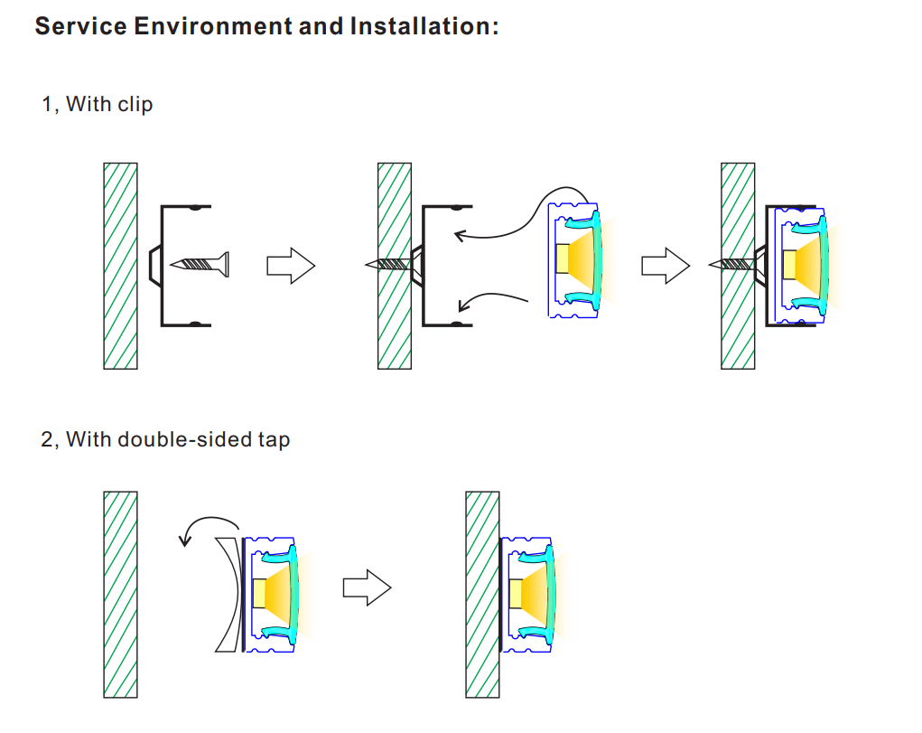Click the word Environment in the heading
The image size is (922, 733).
point(212,25)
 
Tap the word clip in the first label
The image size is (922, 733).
point(135,105)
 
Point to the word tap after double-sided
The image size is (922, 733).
point(273,441)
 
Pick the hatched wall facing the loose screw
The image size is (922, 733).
point(120,266)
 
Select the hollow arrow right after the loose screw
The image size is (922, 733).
point(290,266)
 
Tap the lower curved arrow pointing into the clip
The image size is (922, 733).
point(492,299)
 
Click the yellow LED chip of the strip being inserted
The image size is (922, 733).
point(561,259)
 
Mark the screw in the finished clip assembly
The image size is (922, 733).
point(734,264)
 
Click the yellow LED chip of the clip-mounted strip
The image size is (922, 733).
point(788,263)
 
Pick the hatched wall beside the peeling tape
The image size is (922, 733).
point(120,594)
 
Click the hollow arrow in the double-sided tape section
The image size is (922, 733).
point(366,589)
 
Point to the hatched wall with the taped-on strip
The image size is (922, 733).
point(482,594)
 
